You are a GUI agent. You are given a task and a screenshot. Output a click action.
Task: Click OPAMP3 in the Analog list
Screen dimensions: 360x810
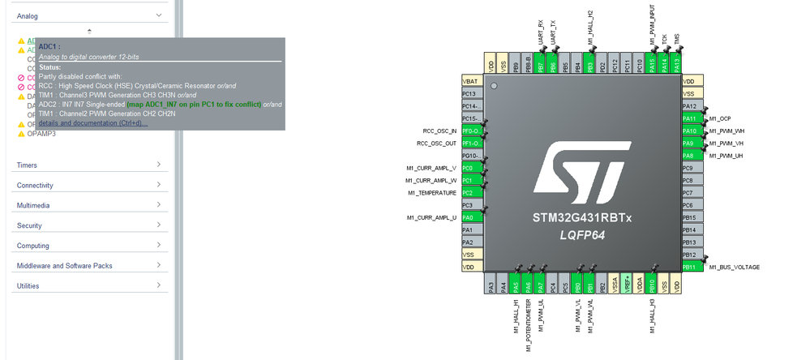pyautogui.click(x=41, y=133)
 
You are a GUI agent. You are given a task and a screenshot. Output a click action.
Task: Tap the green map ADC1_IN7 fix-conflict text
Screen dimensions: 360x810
pyautogui.click(x=194, y=105)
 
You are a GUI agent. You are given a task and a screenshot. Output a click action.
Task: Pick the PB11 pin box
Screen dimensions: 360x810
pyautogui.click(x=689, y=267)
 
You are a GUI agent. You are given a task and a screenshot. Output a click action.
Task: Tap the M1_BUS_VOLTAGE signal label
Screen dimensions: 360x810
pyautogui.click(x=734, y=267)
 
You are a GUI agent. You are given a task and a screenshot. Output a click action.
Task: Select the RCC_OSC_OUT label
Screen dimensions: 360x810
pyautogui.click(x=436, y=144)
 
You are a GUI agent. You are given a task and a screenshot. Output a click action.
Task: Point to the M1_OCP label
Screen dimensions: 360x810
pyautogui.click(x=719, y=118)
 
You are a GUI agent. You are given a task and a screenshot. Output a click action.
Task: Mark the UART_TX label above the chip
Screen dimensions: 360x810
pyautogui.click(x=554, y=34)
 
